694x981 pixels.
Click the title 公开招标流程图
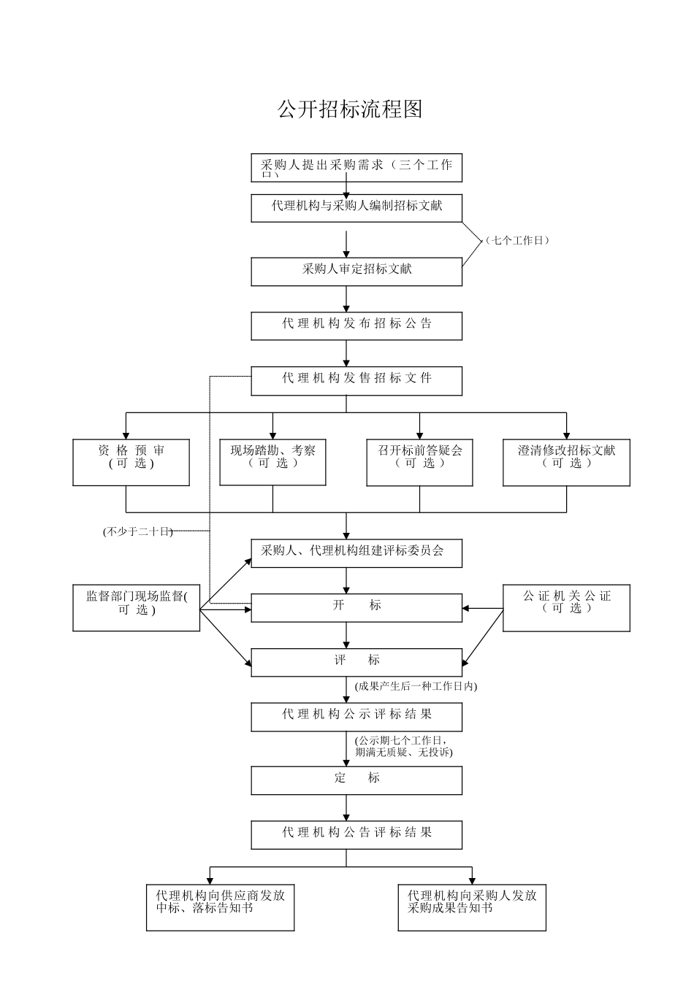(x=350, y=109)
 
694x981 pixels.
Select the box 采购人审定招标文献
(x=356, y=271)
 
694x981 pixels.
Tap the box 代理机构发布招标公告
(x=356, y=326)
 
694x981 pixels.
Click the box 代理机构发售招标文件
(x=356, y=380)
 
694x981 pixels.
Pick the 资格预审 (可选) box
(x=131, y=462)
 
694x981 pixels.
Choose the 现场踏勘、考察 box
(x=272, y=462)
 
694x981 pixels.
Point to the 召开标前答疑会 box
(x=419, y=462)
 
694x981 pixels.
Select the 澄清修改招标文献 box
(x=566, y=462)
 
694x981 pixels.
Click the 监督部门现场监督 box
(x=136, y=607)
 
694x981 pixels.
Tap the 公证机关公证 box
(x=566, y=607)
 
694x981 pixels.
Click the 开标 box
(x=356, y=607)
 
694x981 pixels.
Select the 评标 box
(x=356, y=662)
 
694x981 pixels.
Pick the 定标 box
(x=356, y=780)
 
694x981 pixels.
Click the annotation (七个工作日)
(x=517, y=240)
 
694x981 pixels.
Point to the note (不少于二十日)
(x=137, y=531)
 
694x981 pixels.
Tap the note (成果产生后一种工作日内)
(x=415, y=686)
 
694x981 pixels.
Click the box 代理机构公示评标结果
(x=356, y=717)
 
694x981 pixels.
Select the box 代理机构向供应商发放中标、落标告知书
(x=220, y=907)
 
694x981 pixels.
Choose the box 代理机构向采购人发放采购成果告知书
(x=472, y=907)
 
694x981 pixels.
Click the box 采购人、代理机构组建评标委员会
(x=356, y=553)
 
